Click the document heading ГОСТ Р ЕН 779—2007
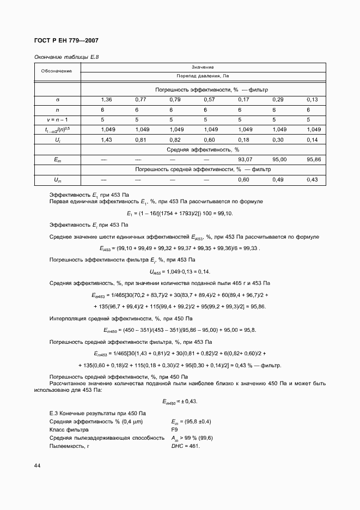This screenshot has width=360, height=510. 66,41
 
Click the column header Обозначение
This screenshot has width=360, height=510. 57,71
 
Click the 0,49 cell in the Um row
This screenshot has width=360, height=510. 278,179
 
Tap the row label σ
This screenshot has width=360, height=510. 57,100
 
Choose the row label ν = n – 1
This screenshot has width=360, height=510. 57,120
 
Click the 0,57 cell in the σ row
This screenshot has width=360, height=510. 209,100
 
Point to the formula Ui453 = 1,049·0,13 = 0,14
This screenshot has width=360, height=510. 180,271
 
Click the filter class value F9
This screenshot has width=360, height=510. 175,429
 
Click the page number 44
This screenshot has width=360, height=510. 37,465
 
